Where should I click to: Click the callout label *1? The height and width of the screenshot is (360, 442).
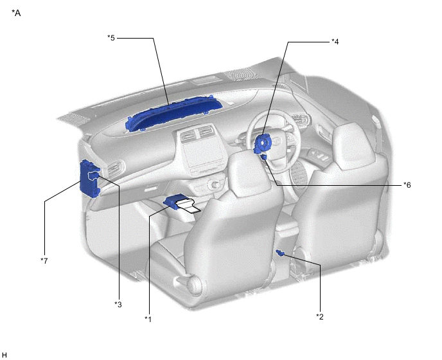click(148, 319)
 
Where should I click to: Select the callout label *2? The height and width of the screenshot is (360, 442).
click(320, 316)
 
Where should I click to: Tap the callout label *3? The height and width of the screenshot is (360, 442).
click(118, 305)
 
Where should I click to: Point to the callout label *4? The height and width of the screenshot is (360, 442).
click(335, 42)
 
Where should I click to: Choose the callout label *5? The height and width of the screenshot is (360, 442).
click(111, 37)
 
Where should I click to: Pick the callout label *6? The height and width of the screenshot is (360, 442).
click(407, 184)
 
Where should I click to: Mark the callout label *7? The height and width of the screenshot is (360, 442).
click(44, 260)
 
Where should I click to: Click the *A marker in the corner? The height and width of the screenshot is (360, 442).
click(16, 13)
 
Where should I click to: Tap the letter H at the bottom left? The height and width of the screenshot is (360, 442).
click(4, 355)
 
